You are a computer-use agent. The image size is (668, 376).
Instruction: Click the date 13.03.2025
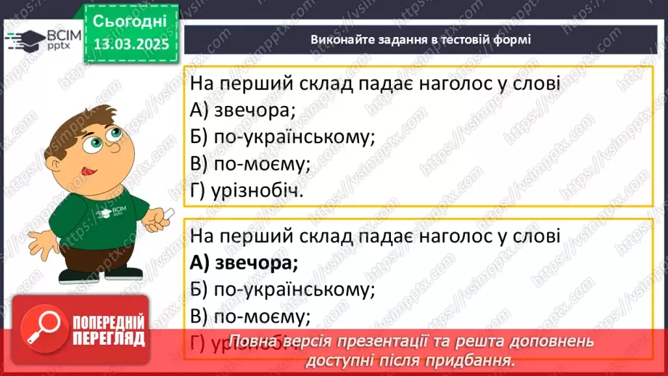[131, 44]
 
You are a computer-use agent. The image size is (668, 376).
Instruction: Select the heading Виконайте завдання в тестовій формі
[421, 39]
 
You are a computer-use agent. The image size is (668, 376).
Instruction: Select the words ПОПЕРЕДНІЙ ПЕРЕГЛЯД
[109, 331]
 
